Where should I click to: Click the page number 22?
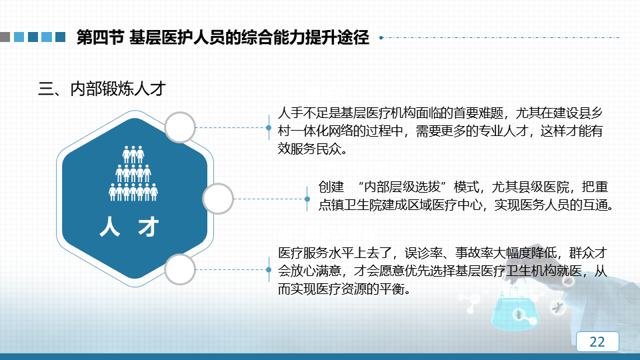coord(597,341)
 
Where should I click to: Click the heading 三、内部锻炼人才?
coord(101,89)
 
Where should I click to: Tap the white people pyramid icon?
coord(133,173)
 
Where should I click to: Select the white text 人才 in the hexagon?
coord(129,227)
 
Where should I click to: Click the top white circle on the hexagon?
coord(180,127)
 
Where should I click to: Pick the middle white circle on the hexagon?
coord(218,199)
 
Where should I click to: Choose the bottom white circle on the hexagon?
coord(180,269)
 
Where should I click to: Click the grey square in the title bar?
coord(5,37)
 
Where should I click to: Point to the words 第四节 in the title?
coord(100,37)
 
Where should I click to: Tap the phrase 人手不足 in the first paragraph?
coord(303,113)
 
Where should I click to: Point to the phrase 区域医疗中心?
coord(445,205)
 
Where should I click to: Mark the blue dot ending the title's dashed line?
coord(381,37)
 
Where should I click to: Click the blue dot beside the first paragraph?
coord(269,128)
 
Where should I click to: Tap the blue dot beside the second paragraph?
coord(307,199)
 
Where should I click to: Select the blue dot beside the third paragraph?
coord(269,270)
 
